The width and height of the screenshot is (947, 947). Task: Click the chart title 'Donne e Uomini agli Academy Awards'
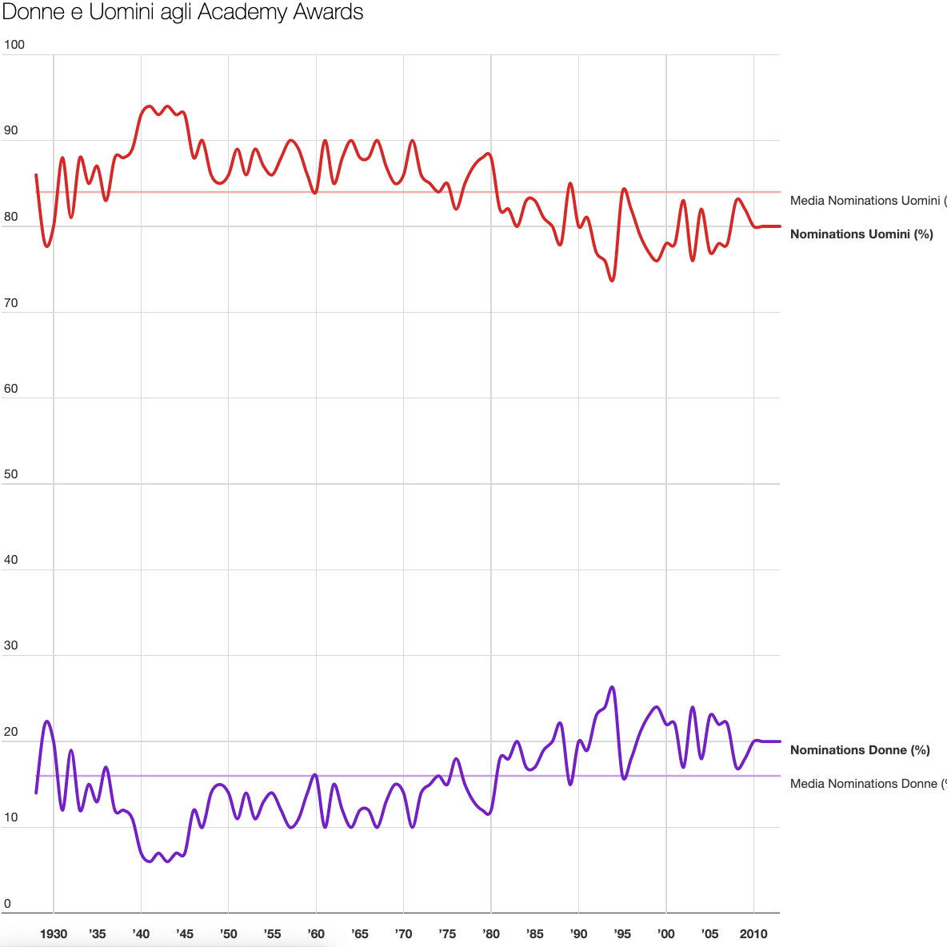pyautogui.click(x=183, y=13)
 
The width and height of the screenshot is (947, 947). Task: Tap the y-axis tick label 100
pyautogui.click(x=14, y=45)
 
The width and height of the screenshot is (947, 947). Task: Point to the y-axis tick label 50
pyautogui.click(x=11, y=474)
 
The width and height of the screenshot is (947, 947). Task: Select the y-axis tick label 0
pyautogui.click(x=8, y=905)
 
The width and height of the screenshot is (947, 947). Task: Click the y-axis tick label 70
pyautogui.click(x=11, y=303)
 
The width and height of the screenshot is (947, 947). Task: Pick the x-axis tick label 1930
pyautogui.click(x=54, y=933)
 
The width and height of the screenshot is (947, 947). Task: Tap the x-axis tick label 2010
pyautogui.click(x=753, y=933)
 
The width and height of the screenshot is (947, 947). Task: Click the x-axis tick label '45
pyautogui.click(x=184, y=933)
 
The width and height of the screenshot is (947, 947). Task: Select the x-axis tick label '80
pyautogui.click(x=490, y=933)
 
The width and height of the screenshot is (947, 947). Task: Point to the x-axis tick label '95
pyautogui.click(x=621, y=933)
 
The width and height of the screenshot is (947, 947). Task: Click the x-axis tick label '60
pyautogui.click(x=315, y=933)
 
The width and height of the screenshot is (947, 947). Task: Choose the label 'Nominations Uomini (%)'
pyautogui.click(x=861, y=234)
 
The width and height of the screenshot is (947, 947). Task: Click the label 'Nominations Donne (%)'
pyautogui.click(x=860, y=750)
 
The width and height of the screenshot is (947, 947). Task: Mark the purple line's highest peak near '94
pyautogui.click(x=612, y=687)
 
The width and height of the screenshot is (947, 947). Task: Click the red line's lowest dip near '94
pyautogui.click(x=612, y=281)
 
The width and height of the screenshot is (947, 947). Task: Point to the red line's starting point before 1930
pyautogui.click(x=36, y=175)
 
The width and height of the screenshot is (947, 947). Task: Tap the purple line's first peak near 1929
pyautogui.click(x=47, y=721)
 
